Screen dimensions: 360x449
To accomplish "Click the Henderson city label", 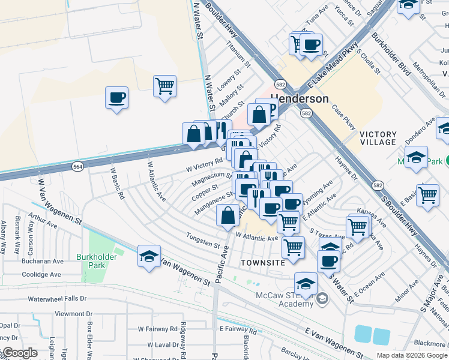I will tap(300, 99).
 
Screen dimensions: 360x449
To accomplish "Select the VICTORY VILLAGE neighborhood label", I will tap(378, 138).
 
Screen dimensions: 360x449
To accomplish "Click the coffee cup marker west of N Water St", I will tap(116, 97).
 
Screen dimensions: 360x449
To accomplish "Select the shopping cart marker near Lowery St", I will tap(164, 85).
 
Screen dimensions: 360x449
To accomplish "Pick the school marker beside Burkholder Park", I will tap(149, 256).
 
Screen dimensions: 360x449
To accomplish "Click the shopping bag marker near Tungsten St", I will tap(228, 215).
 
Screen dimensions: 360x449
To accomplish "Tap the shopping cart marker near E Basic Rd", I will tap(427, 195).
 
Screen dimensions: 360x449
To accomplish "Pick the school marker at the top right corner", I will tap(408, 5).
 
